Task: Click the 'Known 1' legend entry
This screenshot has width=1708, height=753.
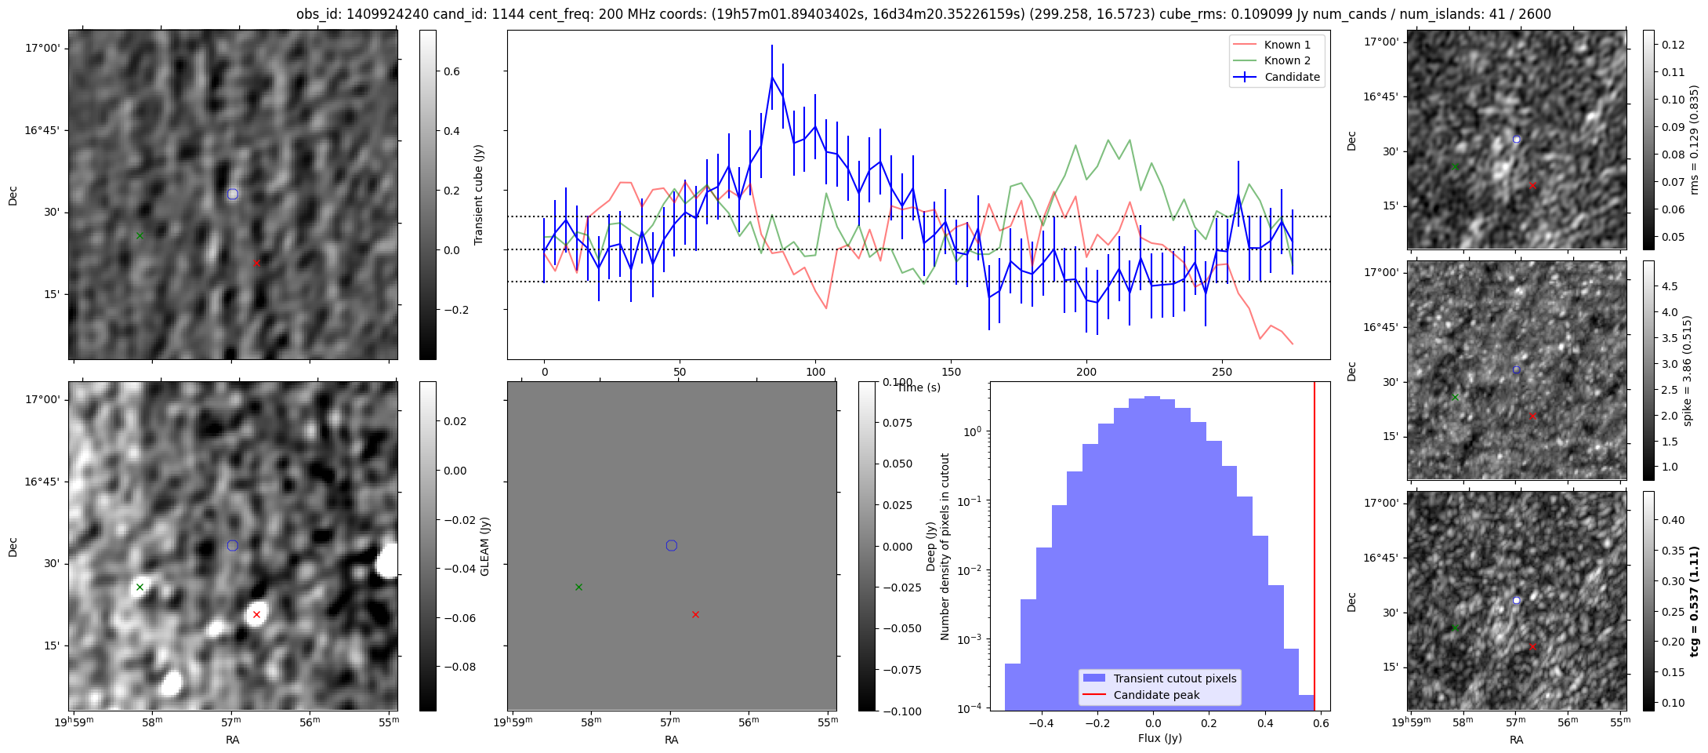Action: [x=1286, y=45]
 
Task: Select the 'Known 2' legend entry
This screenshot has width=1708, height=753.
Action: [x=1286, y=60]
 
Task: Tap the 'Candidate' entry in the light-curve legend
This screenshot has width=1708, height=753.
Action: [x=1292, y=77]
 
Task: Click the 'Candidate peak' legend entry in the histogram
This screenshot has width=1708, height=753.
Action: [x=1156, y=695]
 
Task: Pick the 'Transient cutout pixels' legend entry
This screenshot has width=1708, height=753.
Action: [x=1174, y=678]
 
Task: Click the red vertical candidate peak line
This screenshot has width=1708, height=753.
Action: [x=1315, y=549]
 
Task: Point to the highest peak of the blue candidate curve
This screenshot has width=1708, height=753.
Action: [x=772, y=76]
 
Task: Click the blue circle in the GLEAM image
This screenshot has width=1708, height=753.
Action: [x=232, y=546]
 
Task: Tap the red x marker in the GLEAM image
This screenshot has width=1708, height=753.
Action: [x=256, y=615]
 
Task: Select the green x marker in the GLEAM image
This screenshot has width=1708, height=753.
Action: [x=140, y=587]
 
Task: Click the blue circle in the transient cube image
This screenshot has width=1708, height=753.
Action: [x=232, y=194]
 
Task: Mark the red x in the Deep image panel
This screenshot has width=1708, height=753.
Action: [x=695, y=615]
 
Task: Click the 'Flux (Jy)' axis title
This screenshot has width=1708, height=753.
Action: [x=1159, y=738]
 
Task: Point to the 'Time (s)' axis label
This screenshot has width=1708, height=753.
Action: [x=919, y=387]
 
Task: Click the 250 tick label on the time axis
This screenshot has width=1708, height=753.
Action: [x=1221, y=372]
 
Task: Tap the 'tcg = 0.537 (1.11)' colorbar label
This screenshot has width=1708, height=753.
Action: [x=1694, y=602]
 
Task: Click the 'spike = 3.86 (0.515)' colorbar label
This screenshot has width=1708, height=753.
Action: [x=1688, y=371]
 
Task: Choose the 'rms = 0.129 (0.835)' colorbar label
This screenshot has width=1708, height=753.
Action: [x=1694, y=140]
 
